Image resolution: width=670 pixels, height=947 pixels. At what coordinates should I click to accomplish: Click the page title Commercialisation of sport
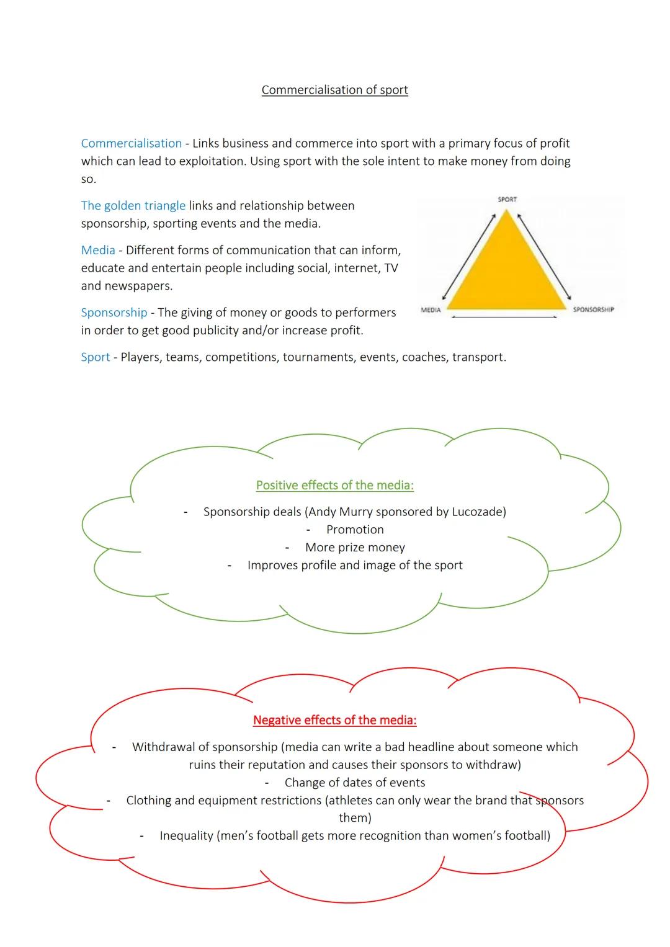pyautogui.click(x=334, y=90)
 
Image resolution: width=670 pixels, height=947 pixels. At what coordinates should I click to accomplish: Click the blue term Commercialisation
pyautogui.click(x=132, y=143)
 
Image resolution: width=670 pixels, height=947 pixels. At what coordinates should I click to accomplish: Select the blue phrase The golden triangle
pyautogui.click(x=133, y=205)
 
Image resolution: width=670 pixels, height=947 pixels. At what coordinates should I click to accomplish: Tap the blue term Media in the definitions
pyautogui.click(x=98, y=250)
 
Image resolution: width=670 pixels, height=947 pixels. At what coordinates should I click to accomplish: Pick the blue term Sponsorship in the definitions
pyautogui.click(x=114, y=313)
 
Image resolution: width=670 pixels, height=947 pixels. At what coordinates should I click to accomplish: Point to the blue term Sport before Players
pyautogui.click(x=96, y=357)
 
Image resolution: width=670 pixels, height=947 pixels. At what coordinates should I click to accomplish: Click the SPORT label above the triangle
pyautogui.click(x=507, y=199)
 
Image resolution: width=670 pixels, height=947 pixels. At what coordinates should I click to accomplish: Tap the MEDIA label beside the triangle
pyautogui.click(x=431, y=309)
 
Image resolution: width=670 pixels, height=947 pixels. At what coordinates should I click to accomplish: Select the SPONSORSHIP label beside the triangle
pyautogui.click(x=593, y=309)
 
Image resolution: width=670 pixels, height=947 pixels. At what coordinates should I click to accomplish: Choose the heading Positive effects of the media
pyautogui.click(x=334, y=485)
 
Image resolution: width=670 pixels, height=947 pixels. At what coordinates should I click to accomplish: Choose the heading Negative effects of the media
pyautogui.click(x=334, y=720)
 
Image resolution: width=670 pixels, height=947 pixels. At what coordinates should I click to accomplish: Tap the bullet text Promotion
pyautogui.click(x=355, y=530)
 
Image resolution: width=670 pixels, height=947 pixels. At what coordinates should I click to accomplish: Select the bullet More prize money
pyautogui.click(x=355, y=548)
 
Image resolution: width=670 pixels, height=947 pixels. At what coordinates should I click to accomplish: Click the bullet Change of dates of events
pyautogui.click(x=355, y=783)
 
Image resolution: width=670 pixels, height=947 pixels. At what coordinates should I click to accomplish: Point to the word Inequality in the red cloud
pyautogui.click(x=186, y=836)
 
